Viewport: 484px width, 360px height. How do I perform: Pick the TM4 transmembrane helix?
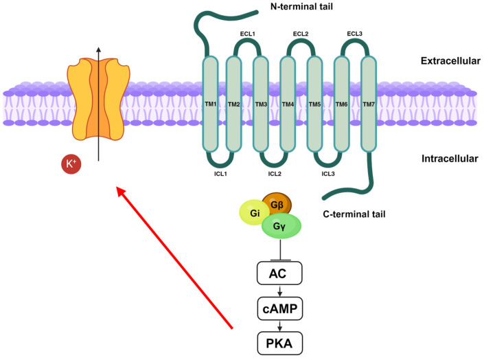point(288,104)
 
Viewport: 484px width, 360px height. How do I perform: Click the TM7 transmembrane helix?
point(369,104)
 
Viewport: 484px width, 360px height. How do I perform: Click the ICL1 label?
point(221,174)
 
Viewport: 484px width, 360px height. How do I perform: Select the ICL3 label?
point(328,174)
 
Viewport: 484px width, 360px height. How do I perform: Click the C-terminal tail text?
point(354,214)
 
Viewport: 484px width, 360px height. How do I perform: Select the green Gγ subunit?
point(281,225)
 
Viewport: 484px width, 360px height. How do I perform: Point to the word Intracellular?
point(449,159)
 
